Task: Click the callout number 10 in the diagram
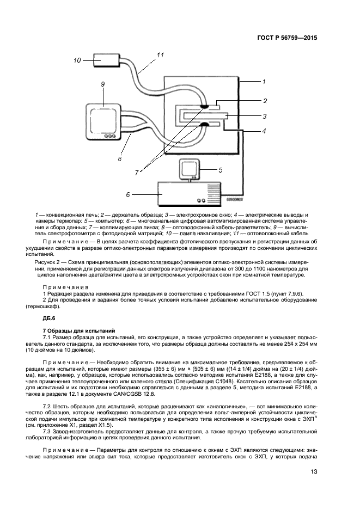pos(77,60)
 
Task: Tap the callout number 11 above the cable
pos(160,55)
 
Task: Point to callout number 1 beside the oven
pos(263,82)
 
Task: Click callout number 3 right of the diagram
pos(264,116)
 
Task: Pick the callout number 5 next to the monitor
pos(220,169)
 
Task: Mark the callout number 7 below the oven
pos(138,171)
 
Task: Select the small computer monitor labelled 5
pos(191,168)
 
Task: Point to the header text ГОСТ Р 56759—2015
pos(287,38)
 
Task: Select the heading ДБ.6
pos(49,318)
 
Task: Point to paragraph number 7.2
pos(47,406)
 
